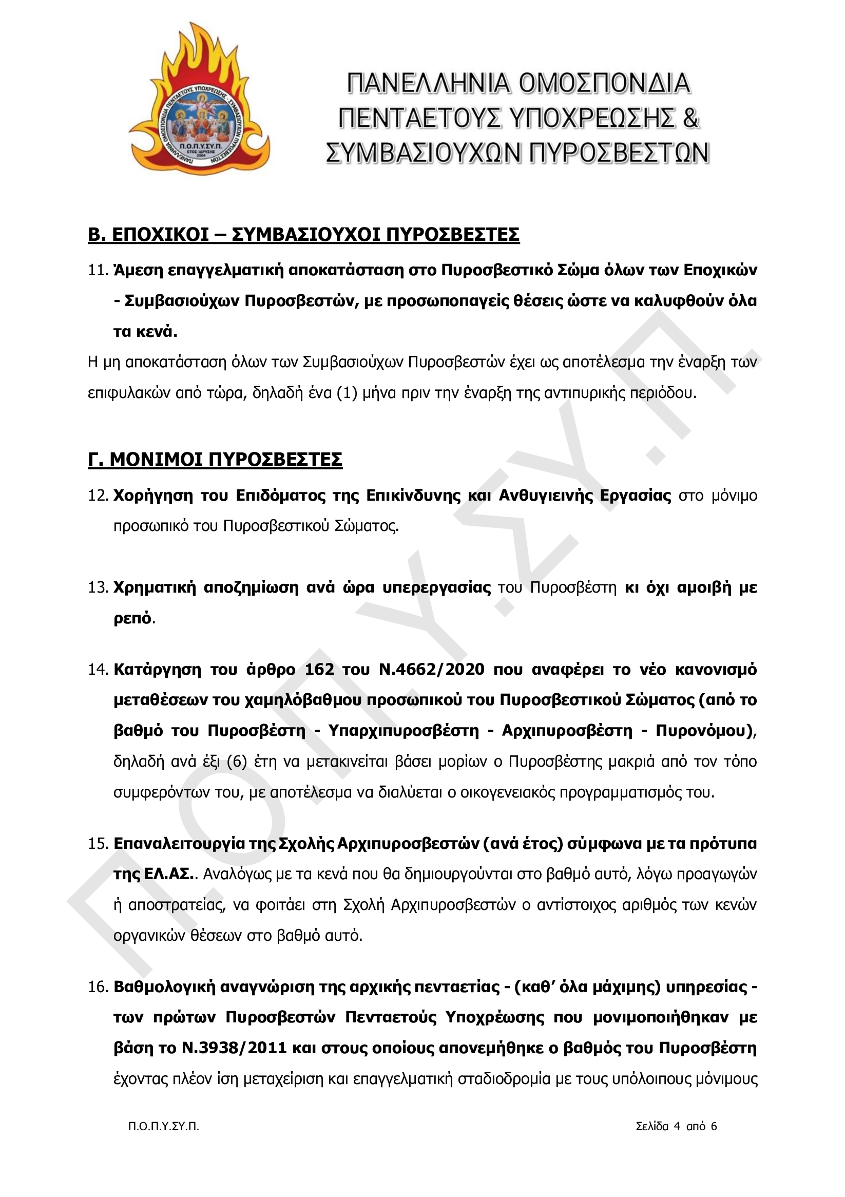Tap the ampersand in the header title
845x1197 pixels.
point(690,118)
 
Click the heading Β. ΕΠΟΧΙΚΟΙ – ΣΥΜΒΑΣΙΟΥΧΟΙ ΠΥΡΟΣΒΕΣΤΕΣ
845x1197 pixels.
point(303,235)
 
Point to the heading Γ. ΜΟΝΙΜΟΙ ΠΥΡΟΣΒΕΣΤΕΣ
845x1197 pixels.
point(215,459)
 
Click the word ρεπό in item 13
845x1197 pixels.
point(132,618)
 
